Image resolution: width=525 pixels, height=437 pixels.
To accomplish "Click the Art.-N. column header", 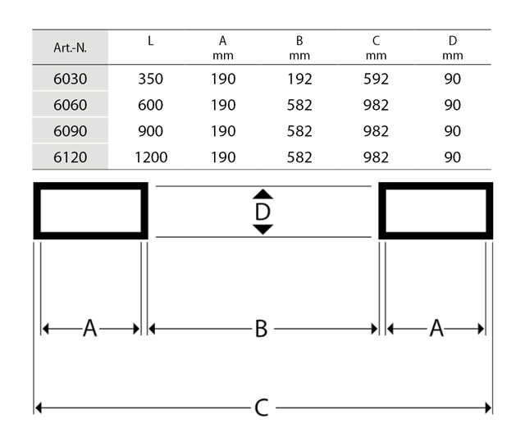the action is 71,48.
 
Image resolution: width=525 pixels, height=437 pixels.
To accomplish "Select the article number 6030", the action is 71,79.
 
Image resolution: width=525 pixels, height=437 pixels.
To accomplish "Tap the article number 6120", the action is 71,157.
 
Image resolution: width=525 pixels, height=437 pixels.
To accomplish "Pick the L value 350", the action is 151,79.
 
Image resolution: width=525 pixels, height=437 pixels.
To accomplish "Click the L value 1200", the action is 151,157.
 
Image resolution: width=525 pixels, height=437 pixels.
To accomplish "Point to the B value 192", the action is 299,79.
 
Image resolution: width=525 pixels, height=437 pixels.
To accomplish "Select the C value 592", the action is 376,79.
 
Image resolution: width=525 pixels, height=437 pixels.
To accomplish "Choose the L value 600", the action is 151,105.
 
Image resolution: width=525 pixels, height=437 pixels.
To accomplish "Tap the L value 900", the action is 151,131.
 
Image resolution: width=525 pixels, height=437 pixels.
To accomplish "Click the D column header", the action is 453,48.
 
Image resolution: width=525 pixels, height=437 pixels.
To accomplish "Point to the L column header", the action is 151,41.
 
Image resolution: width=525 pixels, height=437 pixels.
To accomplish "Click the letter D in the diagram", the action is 262,212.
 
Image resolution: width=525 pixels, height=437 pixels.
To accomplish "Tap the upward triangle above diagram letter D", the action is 262,194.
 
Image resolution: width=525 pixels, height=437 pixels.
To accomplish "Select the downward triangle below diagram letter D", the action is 262,230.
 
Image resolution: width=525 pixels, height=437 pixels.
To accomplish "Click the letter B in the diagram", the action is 262,329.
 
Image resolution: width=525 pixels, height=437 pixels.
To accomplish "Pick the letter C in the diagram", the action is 262,407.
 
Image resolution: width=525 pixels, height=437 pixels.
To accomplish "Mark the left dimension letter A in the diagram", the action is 90,328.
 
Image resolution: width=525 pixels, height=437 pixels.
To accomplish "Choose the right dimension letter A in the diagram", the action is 436,328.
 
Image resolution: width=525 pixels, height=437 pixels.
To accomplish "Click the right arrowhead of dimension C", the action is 489,407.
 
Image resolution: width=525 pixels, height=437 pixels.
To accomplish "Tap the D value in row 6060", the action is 453,105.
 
